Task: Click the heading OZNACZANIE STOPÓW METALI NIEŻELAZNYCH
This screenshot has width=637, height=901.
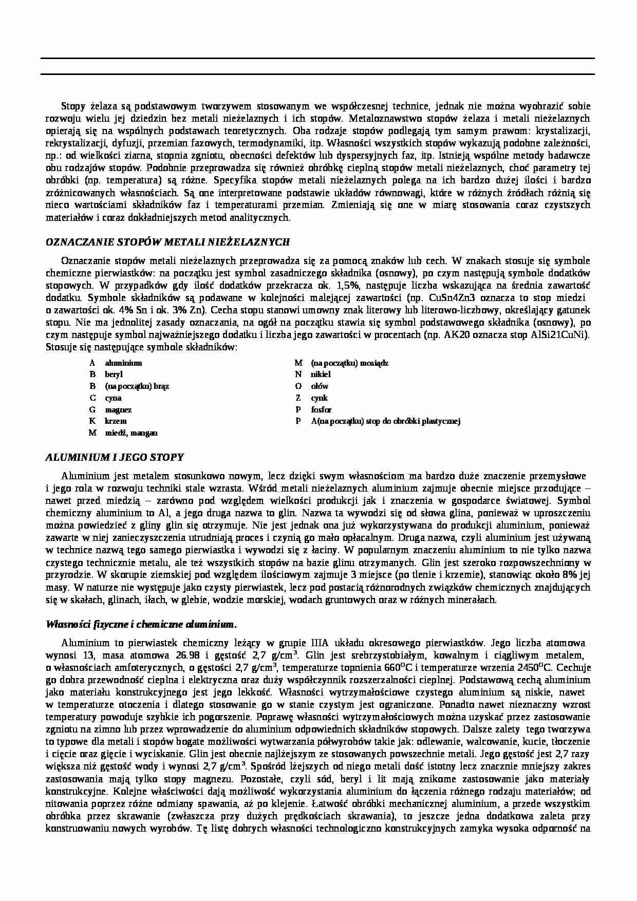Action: (168, 242)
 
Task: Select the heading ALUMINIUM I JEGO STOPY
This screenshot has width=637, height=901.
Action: (115, 457)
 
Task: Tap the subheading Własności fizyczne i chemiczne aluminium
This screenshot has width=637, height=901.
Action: (141, 624)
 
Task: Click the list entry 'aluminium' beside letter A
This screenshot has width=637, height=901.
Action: (123, 363)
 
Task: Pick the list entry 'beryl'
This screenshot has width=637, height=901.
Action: (114, 374)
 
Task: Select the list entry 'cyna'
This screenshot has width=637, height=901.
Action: (113, 398)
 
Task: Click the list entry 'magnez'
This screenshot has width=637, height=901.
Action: (118, 409)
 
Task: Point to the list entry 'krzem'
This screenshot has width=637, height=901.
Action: (116, 421)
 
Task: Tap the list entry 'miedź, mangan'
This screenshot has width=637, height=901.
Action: (131, 433)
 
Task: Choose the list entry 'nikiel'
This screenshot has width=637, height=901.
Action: (321, 374)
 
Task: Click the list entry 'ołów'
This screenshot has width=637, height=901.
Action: (320, 386)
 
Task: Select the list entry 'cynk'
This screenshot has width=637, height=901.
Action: (319, 398)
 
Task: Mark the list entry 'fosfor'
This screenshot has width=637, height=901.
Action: (321, 409)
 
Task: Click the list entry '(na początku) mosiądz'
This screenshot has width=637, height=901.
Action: (349, 363)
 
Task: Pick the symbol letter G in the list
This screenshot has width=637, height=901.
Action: (92, 409)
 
